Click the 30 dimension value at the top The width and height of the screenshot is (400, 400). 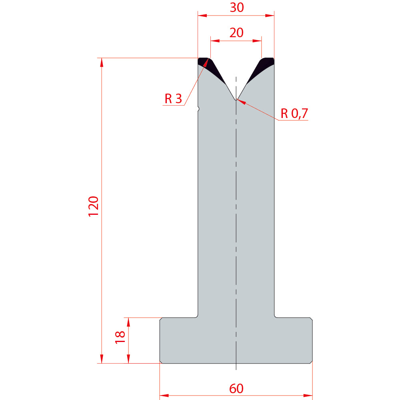237,7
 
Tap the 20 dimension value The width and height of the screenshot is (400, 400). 236,33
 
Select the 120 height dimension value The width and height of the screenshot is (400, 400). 93,206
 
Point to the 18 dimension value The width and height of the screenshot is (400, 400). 120,337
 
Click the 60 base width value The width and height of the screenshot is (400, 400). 236,388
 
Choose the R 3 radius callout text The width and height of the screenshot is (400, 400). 173,98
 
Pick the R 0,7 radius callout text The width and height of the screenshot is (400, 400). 294,113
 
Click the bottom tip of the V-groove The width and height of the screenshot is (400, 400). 236,100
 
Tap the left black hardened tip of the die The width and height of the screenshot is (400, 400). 210,68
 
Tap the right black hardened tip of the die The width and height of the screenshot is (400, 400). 262,68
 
